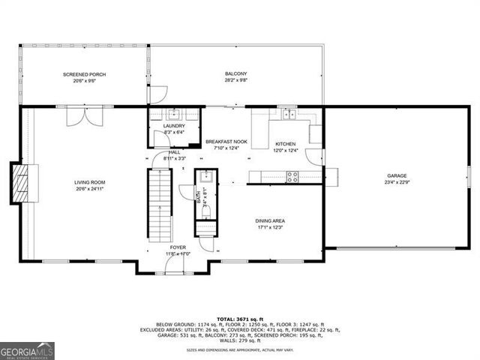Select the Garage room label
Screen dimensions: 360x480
pos(397,175)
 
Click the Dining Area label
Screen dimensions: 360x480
pos(270,220)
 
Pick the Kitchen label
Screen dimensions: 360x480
pos(285,143)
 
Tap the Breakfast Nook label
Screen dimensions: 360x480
pos(226,142)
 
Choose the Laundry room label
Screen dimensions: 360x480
pos(174,126)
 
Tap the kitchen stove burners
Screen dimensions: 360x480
pos(291,177)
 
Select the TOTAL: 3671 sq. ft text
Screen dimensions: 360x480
pos(239,319)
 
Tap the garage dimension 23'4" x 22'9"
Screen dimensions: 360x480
pos(397,182)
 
